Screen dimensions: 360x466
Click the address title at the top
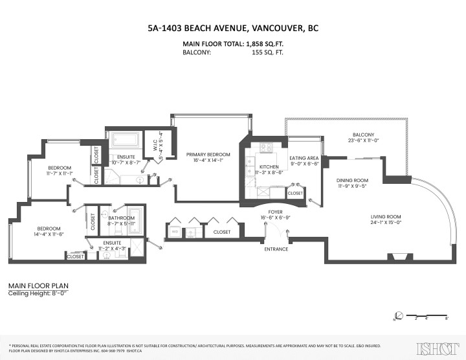[232, 28]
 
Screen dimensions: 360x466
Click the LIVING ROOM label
[386, 216]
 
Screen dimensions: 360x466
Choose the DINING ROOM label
[352, 181]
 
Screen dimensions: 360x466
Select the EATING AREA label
[304, 157]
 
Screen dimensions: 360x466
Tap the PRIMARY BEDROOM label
[204, 155]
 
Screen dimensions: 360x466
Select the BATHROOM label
[121, 218]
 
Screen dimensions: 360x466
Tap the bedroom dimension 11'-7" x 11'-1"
[58, 174]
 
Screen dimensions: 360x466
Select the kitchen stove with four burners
[266, 148]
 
